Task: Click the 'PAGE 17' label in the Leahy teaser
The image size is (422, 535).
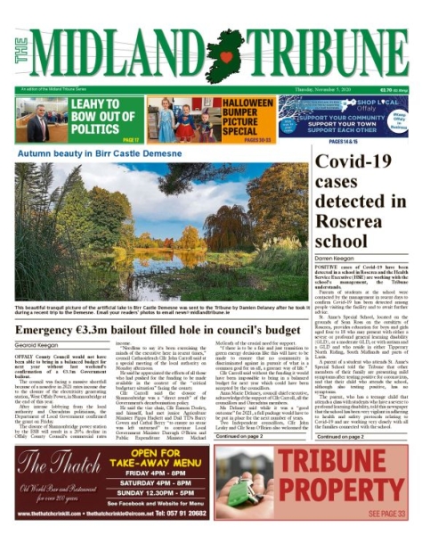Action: [131, 140]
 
